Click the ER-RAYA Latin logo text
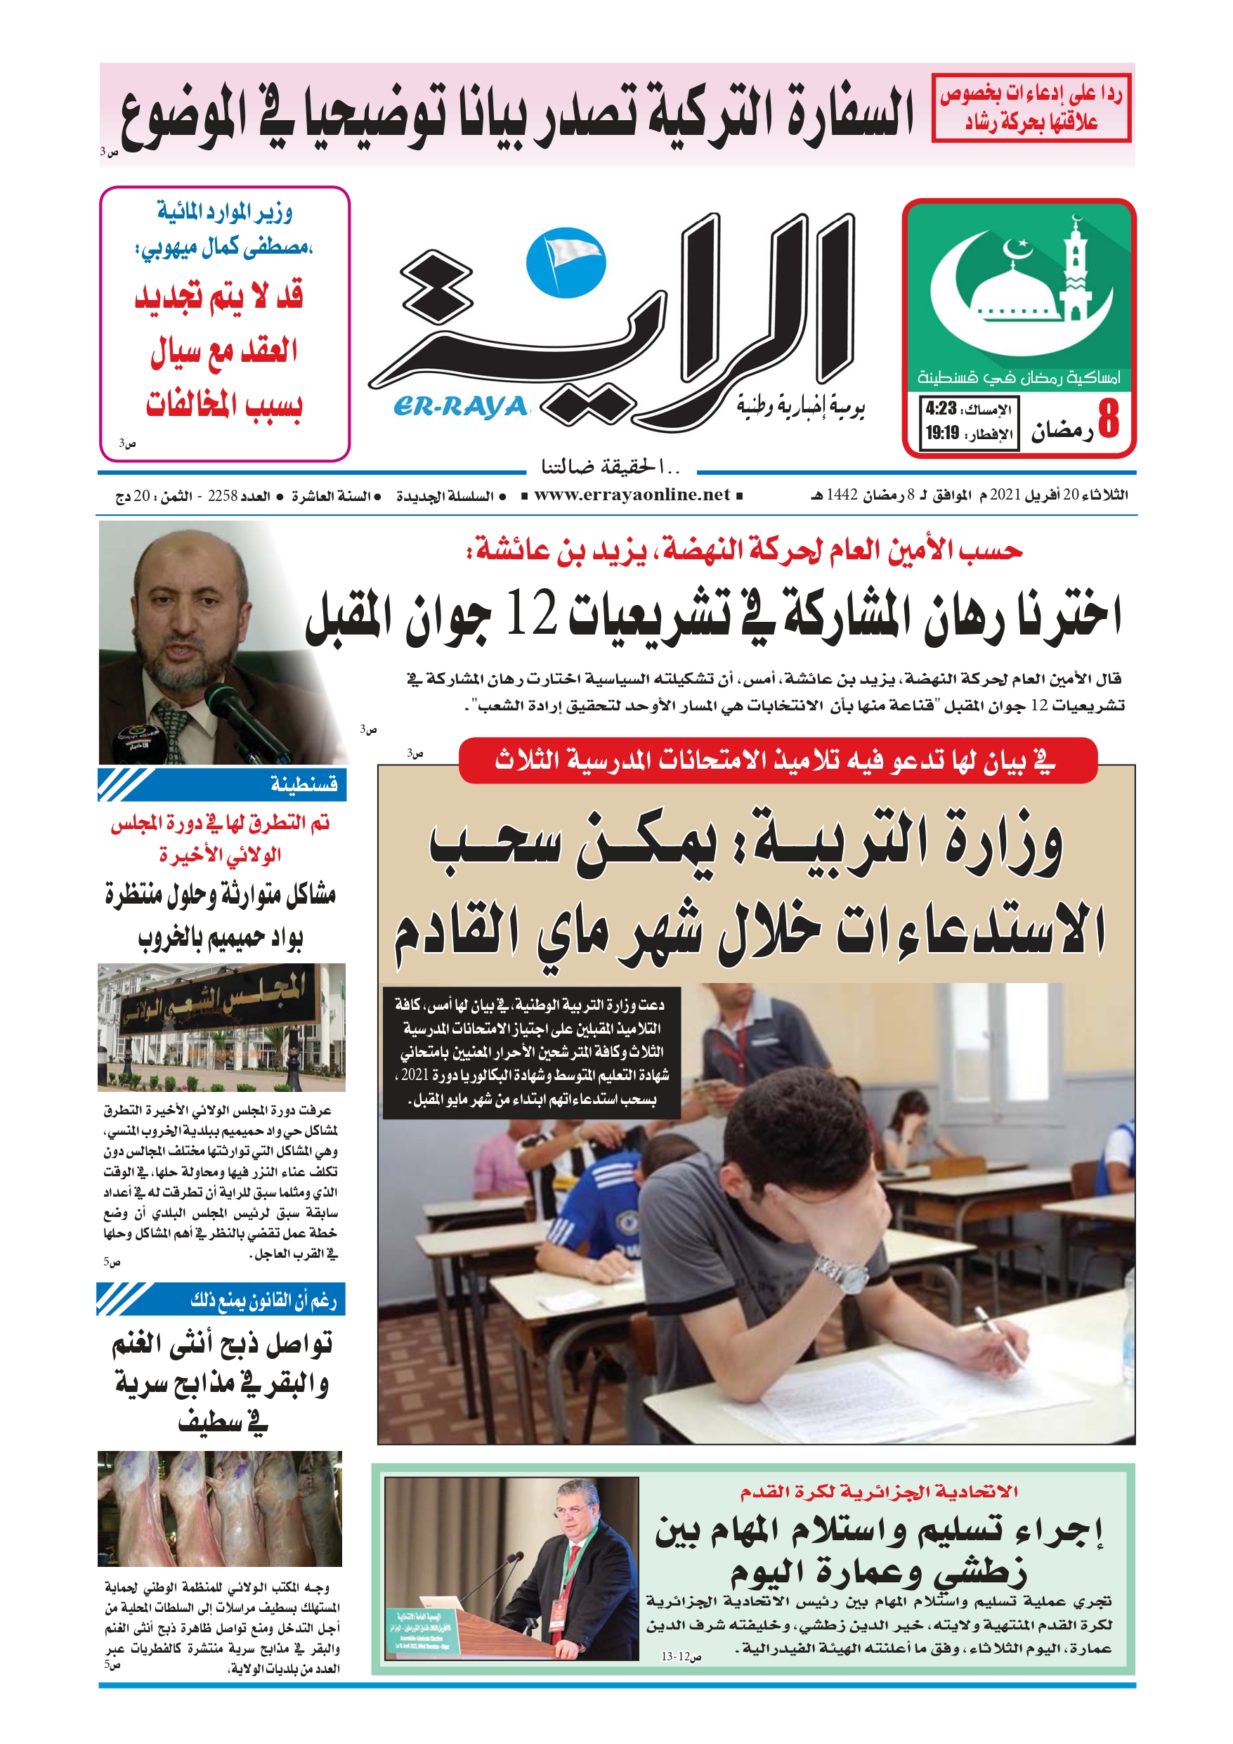pyautogui.click(x=459, y=407)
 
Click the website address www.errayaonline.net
pyautogui.click(x=632, y=496)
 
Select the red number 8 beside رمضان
pyautogui.click(x=1109, y=419)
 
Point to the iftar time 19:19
pyautogui.click(x=942, y=434)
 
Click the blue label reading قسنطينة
pyautogui.click(x=304, y=784)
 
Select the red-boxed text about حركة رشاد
pyautogui.click(x=1031, y=108)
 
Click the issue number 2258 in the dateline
pyautogui.click(x=223, y=497)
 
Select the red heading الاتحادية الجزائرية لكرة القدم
pyautogui.click(x=879, y=1492)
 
